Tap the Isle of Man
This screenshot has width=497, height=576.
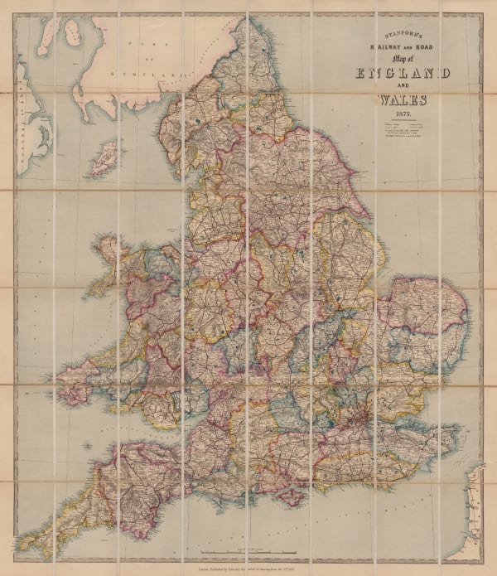(104, 157)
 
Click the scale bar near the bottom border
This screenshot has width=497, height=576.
(248, 550)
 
